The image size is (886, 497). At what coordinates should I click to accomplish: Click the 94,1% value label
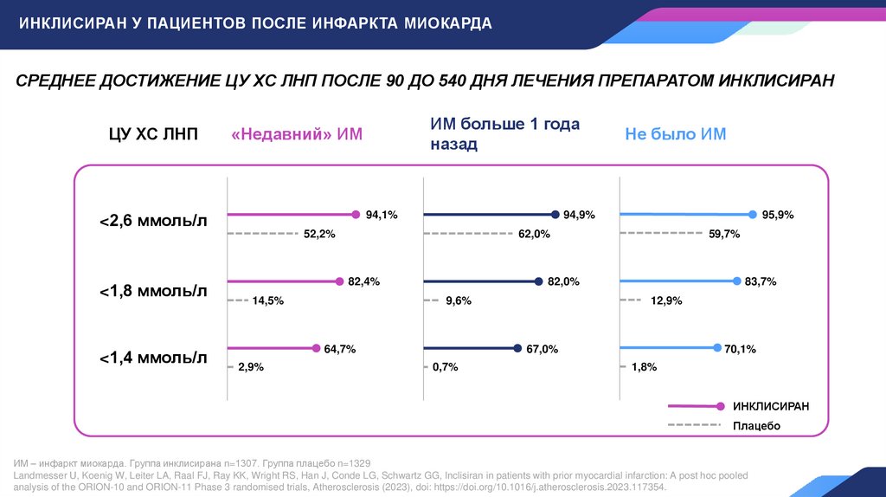(x=382, y=215)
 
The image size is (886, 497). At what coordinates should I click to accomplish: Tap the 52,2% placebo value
(x=319, y=234)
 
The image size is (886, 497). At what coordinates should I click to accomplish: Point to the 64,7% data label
(x=340, y=349)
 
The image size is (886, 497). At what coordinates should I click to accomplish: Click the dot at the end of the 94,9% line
(x=554, y=215)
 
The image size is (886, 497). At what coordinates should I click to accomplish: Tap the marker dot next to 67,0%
(x=517, y=349)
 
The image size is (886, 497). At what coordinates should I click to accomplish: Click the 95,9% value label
(x=778, y=215)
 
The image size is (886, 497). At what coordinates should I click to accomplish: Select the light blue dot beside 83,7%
(x=737, y=281)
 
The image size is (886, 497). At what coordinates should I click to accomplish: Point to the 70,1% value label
(x=741, y=349)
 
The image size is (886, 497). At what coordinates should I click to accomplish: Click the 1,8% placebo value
(x=645, y=367)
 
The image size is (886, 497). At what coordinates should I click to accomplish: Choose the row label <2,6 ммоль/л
(x=154, y=223)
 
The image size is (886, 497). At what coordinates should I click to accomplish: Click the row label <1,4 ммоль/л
(x=154, y=357)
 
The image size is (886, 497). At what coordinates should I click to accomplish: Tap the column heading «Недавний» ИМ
(x=297, y=134)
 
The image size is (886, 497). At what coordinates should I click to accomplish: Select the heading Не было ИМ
(x=676, y=134)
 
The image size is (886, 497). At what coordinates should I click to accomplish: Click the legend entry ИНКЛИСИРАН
(x=771, y=406)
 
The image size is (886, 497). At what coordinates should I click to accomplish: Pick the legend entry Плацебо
(x=757, y=426)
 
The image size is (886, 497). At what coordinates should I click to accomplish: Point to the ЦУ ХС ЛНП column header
(x=154, y=134)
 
